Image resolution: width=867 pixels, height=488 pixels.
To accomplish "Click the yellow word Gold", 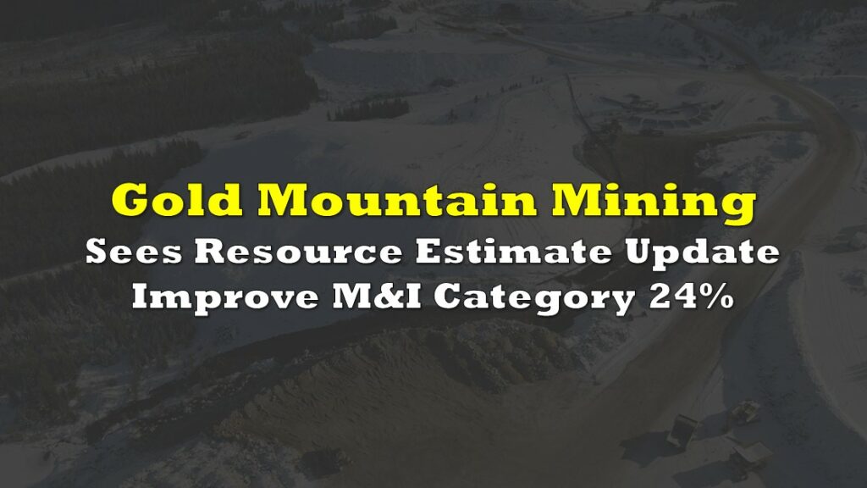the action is coord(177,199).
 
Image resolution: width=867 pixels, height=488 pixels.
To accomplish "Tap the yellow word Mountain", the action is coord(396,199).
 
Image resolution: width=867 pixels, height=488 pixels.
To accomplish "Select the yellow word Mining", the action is coord(653,202).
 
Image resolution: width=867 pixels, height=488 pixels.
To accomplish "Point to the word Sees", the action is coord(134,252).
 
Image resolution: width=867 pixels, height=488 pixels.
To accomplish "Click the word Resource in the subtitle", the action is coord(299,252).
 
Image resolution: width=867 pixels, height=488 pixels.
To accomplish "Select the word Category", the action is coord(533,299).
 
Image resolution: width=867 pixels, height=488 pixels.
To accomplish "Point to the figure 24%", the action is coord(692,297).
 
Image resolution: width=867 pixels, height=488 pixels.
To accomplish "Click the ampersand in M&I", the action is coord(391,297).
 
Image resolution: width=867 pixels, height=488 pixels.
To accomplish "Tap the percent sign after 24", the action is coord(715,297).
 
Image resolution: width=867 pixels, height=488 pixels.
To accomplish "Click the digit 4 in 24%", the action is coord(683,297).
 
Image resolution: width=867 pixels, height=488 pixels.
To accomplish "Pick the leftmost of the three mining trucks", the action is coord(681,431).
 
